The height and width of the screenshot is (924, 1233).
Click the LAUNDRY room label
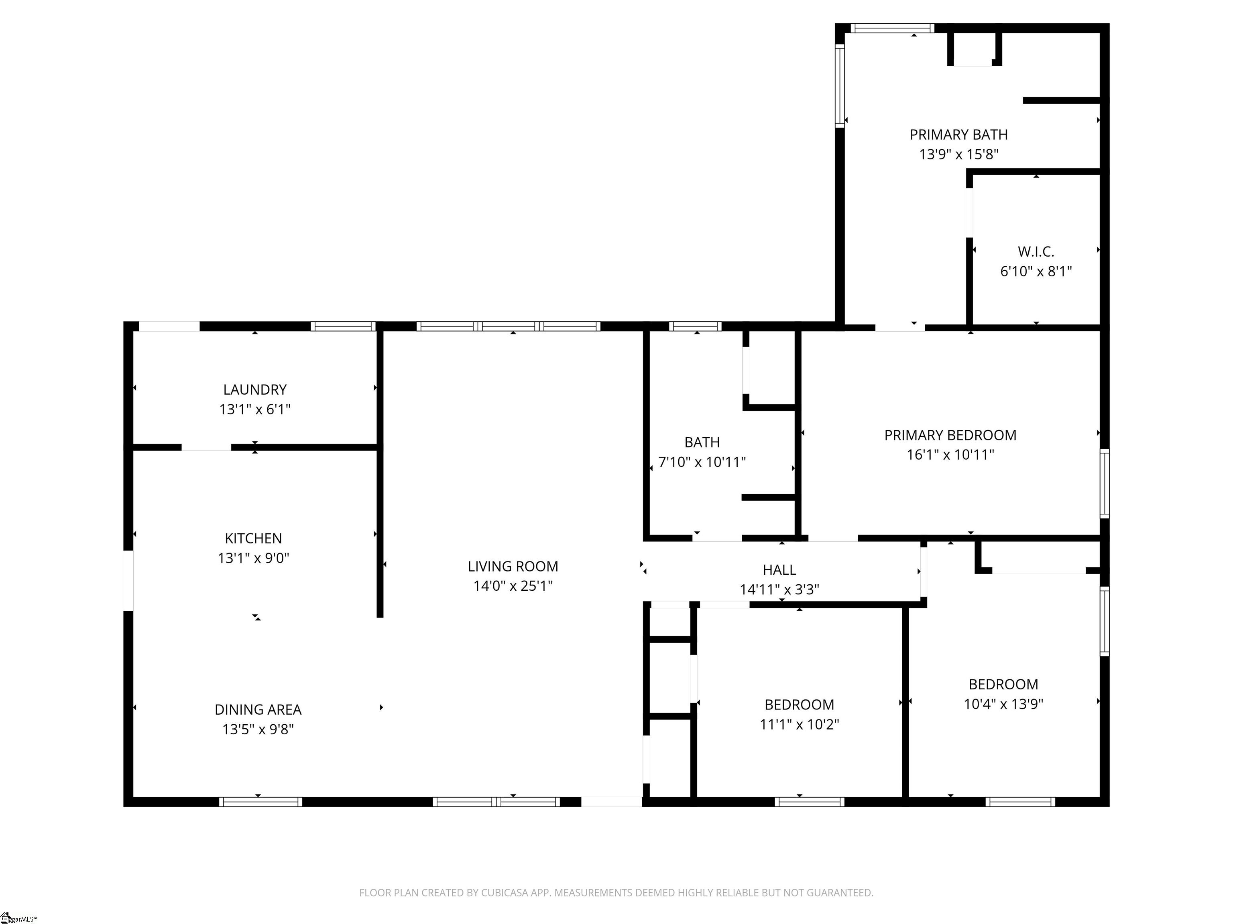[255, 390]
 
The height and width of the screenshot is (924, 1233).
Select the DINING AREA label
[258, 709]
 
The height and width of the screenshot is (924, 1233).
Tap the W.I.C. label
[1036, 252]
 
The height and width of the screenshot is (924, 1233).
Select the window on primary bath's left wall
[840, 86]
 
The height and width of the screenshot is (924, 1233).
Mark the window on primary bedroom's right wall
[1104, 483]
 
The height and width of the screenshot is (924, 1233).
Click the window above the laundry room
[343, 326]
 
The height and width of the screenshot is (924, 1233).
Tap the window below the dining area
[260, 802]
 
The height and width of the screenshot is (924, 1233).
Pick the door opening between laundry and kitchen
[206, 447]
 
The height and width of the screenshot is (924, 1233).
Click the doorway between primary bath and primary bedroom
[900, 328]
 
